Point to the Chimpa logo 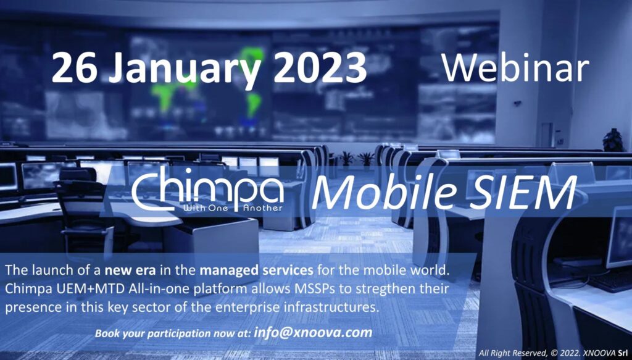pyautogui.click(x=207, y=189)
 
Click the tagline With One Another pyautogui.click(x=233, y=208)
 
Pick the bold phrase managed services pyautogui.click(x=256, y=270)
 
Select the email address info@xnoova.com pyautogui.click(x=313, y=333)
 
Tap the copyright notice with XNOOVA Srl pyautogui.click(x=553, y=353)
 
